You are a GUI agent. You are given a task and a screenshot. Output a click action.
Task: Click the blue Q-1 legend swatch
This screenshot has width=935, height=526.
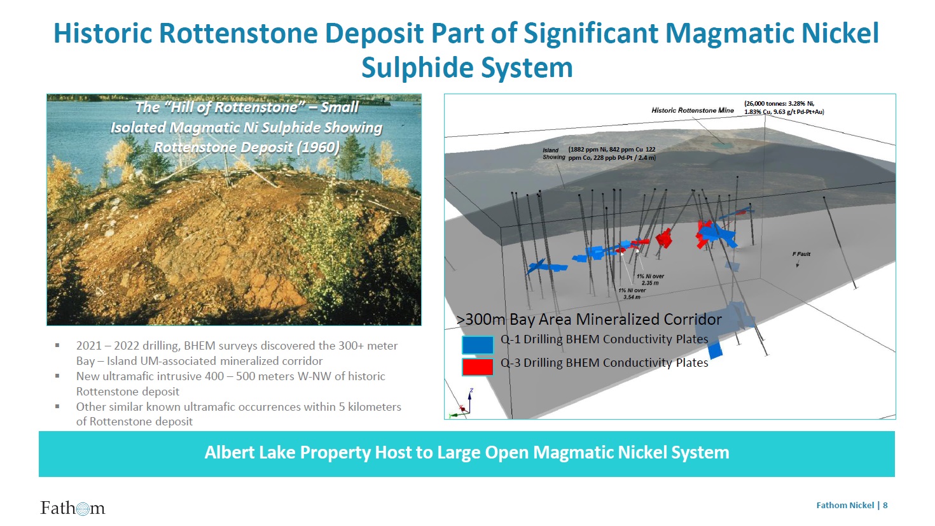(x=478, y=345)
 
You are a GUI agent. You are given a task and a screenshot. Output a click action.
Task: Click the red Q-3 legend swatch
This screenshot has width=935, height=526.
(x=478, y=367)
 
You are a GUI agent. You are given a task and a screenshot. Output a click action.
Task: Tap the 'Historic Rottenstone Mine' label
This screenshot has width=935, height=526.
(x=693, y=110)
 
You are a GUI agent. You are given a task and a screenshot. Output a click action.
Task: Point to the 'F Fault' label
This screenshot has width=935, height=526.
(x=801, y=254)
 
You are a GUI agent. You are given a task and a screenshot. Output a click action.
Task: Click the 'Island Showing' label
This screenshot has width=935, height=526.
(x=553, y=153)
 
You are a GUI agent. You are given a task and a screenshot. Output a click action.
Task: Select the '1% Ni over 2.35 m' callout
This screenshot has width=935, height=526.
(x=650, y=280)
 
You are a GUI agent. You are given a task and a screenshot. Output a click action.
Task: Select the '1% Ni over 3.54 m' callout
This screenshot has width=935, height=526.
(x=632, y=294)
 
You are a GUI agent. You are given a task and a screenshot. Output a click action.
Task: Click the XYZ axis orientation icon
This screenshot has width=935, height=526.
(x=462, y=403)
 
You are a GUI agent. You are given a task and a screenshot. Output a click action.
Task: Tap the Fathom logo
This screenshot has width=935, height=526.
(x=73, y=508)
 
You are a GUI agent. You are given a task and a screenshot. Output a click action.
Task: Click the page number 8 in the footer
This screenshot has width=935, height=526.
(x=885, y=505)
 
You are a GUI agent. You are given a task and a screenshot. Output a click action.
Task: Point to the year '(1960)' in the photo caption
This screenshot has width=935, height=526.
(x=318, y=148)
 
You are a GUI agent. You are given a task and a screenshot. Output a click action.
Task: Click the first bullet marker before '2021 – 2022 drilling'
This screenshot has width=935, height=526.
(x=57, y=346)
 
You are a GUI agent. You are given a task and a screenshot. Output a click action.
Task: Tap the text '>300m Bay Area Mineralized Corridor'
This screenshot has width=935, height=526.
(x=589, y=319)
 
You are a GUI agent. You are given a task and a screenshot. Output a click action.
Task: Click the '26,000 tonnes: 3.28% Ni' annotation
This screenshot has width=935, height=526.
(x=779, y=104)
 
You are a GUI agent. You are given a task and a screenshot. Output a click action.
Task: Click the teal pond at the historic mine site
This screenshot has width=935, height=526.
(x=721, y=145)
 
